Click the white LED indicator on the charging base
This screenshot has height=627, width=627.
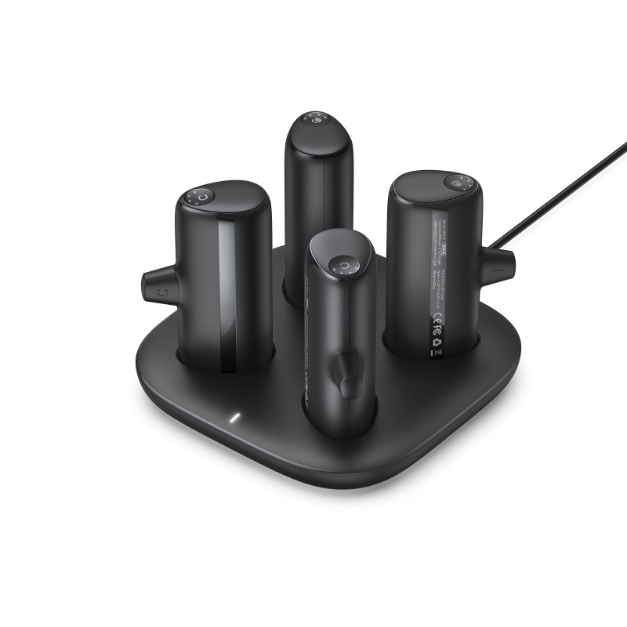(x=232, y=415)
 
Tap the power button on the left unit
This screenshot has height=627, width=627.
(x=202, y=198)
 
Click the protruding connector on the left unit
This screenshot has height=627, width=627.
(x=158, y=286)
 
